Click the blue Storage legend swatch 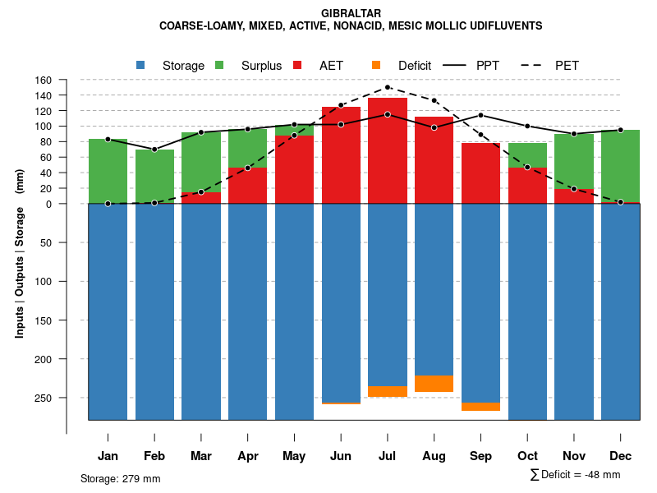(x=140, y=65)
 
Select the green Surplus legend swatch (x=219, y=65)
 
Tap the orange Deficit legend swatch (x=376, y=65)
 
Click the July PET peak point (x=388, y=87)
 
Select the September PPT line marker (x=480, y=115)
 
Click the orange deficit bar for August (x=434, y=384)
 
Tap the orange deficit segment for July (x=388, y=391)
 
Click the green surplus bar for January (x=108, y=171)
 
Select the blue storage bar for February (x=154, y=312)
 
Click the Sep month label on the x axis (x=480, y=456)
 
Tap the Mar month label (x=200, y=456)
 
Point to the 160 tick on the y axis (x=44, y=81)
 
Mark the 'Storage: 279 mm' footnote (x=120, y=478)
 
